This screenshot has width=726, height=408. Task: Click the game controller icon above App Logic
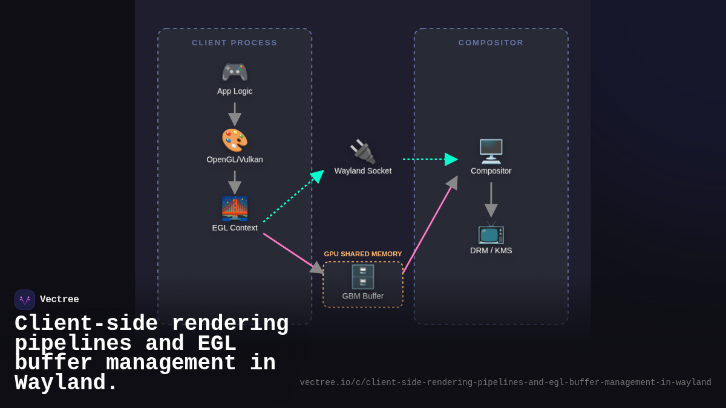(235, 73)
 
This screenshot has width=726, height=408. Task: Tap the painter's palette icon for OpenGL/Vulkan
(235, 140)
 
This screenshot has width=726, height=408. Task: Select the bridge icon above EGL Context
(235, 209)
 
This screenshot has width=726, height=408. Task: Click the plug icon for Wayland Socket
(362, 152)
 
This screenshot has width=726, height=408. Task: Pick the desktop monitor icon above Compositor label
(491, 152)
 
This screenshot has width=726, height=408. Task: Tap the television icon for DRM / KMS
(491, 232)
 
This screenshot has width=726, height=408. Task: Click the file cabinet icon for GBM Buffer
(362, 277)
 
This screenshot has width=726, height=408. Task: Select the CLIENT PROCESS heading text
(235, 43)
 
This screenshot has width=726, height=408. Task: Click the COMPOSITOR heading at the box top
(491, 43)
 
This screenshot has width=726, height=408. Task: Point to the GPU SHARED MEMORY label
(362, 254)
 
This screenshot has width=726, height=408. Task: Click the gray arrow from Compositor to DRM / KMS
(491, 199)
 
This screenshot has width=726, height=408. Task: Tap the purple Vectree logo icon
(25, 300)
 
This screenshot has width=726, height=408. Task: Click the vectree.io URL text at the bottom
(505, 383)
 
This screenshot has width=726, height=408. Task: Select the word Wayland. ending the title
(66, 383)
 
